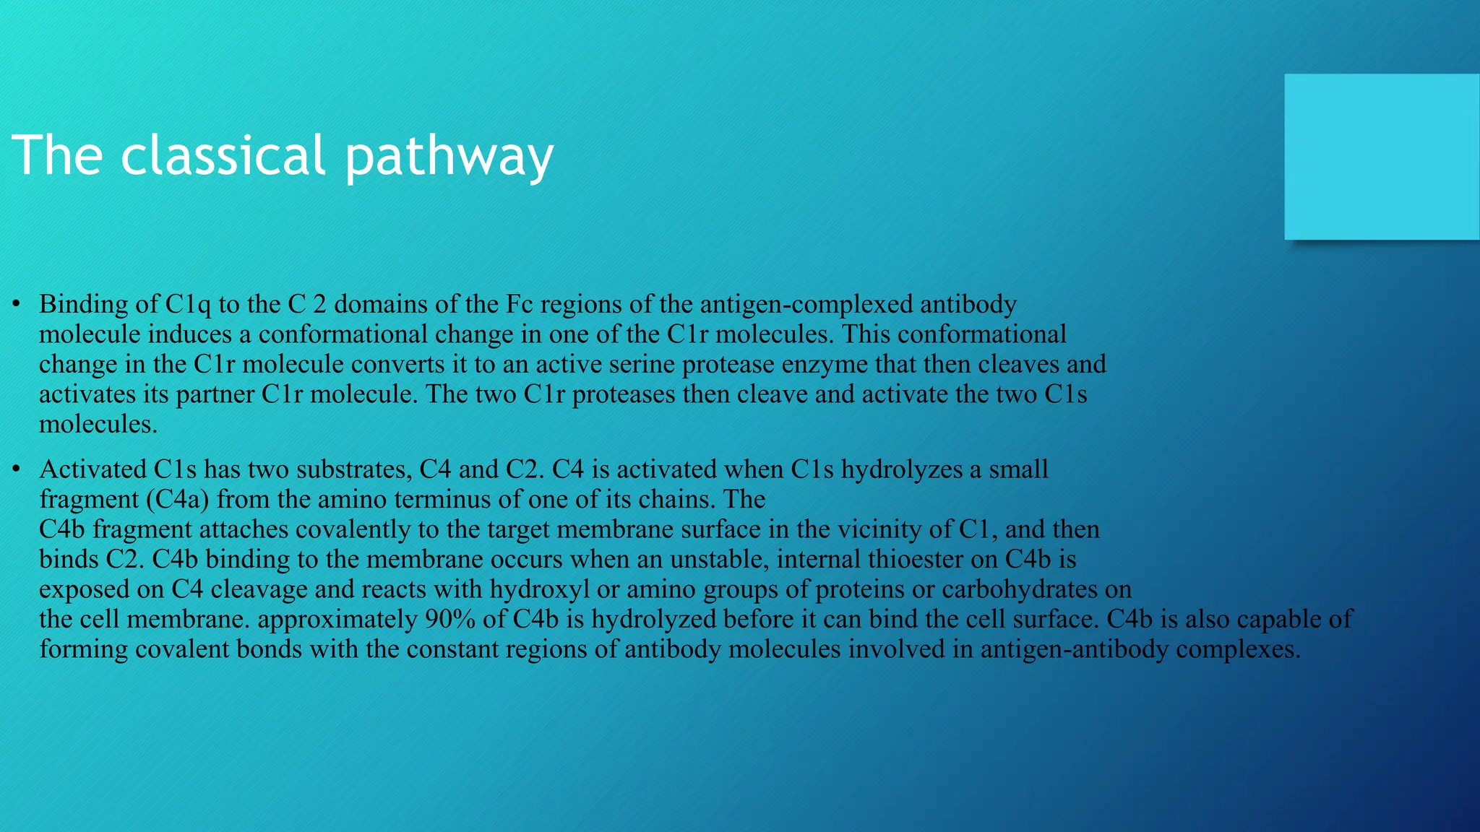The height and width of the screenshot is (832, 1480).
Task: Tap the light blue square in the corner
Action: (1381, 157)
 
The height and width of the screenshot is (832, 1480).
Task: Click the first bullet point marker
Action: (16, 304)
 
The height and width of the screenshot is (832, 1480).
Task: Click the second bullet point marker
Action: (16, 469)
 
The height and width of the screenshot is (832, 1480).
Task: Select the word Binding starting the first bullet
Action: (83, 305)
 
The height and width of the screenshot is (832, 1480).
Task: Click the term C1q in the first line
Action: (188, 305)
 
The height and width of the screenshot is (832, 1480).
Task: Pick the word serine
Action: (642, 364)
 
